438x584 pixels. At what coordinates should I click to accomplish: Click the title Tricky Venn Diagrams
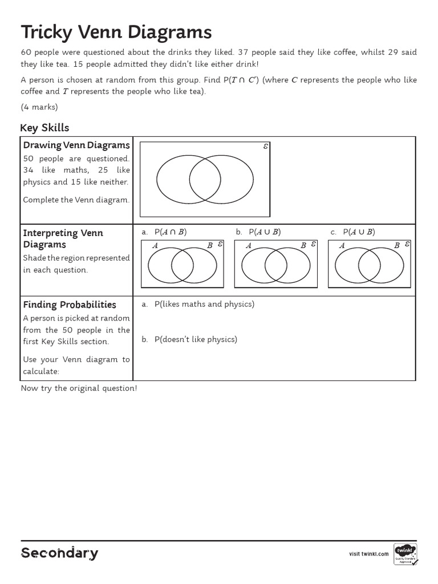click(x=116, y=32)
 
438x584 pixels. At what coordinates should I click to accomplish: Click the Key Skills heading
click(x=44, y=128)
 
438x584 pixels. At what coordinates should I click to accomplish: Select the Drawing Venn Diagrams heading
click(x=76, y=145)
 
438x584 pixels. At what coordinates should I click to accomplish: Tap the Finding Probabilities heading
click(x=70, y=305)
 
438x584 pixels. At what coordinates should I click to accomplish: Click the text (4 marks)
click(x=39, y=107)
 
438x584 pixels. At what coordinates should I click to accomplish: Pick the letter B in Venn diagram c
click(x=396, y=246)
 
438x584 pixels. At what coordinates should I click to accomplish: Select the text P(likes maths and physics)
click(x=204, y=305)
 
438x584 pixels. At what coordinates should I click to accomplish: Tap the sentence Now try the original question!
click(x=79, y=388)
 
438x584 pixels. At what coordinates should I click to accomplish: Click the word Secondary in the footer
click(x=59, y=553)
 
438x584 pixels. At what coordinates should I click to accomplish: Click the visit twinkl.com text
click(x=368, y=554)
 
